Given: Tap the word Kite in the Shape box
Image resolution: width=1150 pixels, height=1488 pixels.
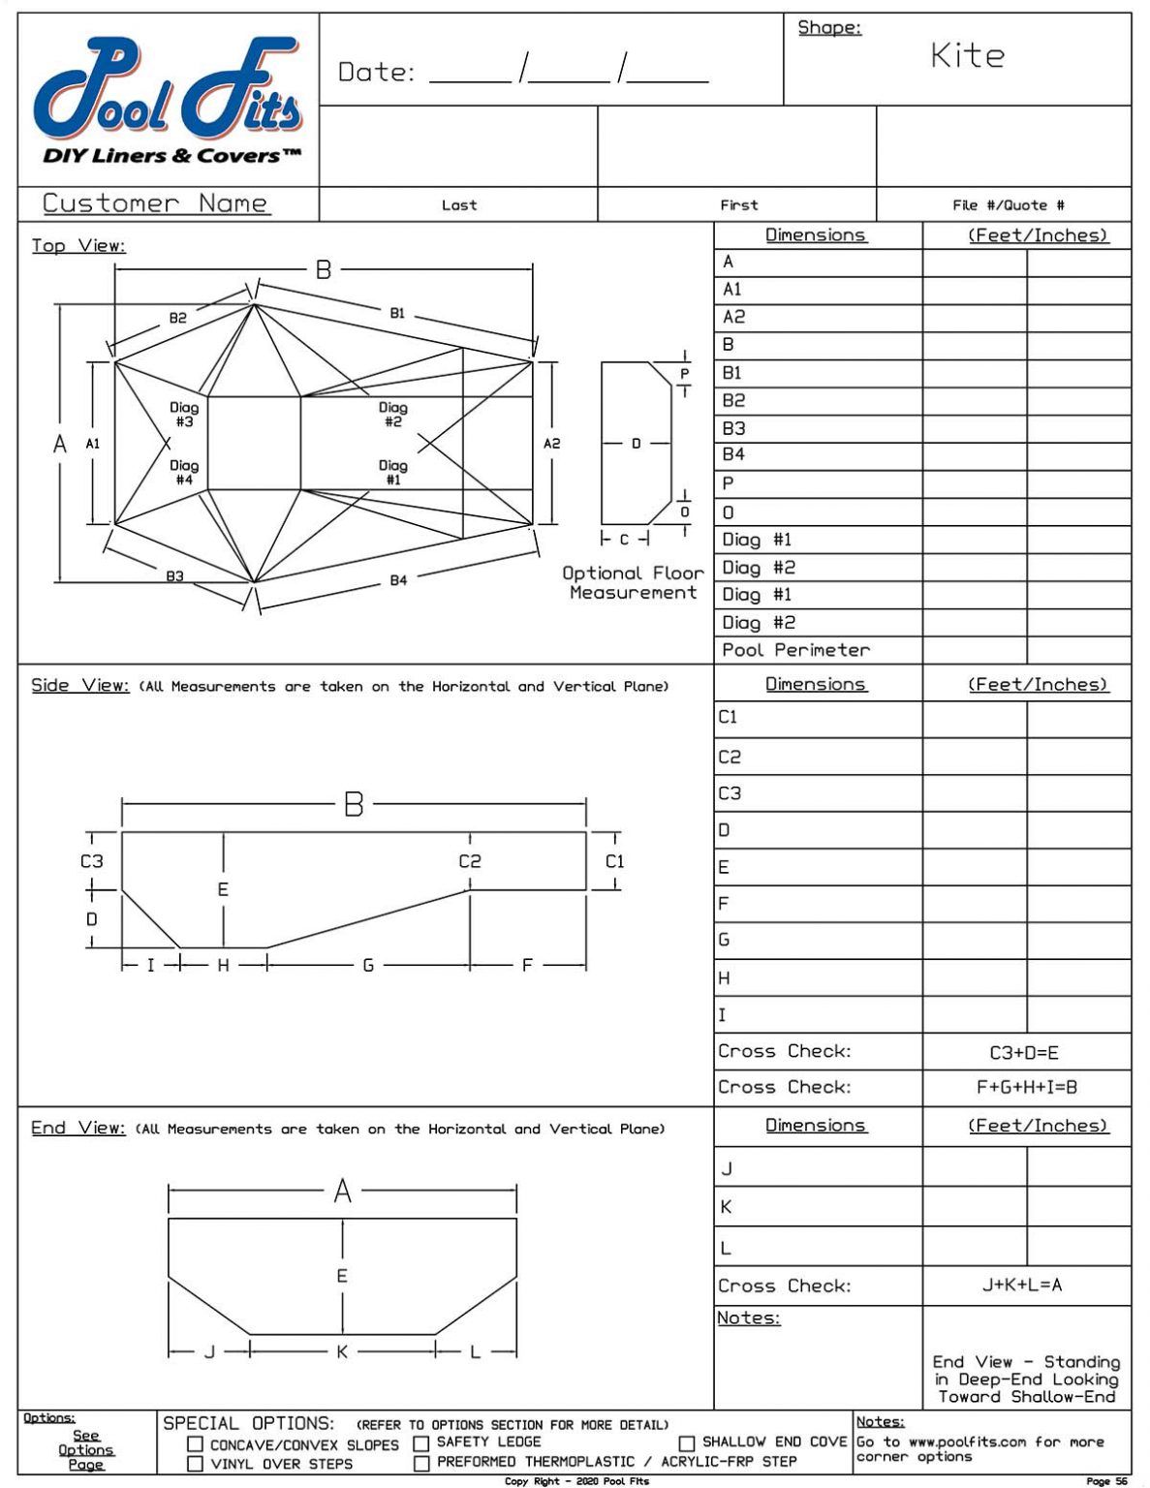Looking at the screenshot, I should (967, 56).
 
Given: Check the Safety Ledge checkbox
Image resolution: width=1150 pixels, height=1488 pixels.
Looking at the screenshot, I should (421, 1442).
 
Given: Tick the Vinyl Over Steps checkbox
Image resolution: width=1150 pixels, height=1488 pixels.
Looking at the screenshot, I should (195, 1464).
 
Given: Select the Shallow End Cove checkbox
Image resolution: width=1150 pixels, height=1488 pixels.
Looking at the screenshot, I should (687, 1442).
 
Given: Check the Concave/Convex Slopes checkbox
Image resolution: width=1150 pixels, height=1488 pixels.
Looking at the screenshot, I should (195, 1444).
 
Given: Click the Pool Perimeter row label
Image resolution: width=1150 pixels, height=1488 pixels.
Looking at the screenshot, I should (795, 650).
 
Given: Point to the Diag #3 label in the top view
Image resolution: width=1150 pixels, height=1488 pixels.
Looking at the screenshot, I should (184, 415).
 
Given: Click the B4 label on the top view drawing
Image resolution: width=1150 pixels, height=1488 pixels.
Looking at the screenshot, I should (398, 580).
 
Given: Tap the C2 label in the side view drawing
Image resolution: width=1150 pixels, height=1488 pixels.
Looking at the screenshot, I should (470, 861).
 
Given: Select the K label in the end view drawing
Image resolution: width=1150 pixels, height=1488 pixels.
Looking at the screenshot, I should (341, 1351).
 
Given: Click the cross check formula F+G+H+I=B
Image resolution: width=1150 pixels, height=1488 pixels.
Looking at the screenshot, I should (1026, 1088).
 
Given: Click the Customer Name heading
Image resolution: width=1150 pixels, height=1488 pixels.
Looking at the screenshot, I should (155, 203).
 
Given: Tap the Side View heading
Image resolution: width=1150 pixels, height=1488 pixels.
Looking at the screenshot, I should (79, 686).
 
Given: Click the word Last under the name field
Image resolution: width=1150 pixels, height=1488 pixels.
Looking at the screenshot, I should (459, 205).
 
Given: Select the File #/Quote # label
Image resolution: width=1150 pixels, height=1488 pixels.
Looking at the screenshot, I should (1008, 205).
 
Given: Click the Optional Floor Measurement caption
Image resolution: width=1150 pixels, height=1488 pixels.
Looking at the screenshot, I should (633, 583).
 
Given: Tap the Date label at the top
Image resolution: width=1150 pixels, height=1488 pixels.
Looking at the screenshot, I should (376, 73).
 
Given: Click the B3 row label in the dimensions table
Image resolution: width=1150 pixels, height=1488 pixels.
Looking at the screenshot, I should (733, 428).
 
